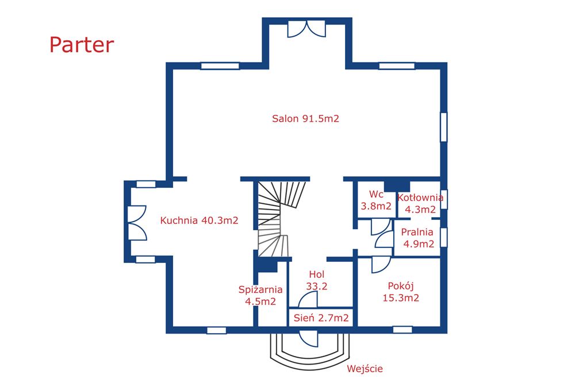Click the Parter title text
[x=82, y=45]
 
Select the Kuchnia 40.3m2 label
[x=199, y=220]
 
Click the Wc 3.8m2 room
[x=376, y=200]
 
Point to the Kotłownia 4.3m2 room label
[x=420, y=203]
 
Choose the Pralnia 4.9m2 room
[x=417, y=238]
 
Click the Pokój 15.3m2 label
[x=401, y=292]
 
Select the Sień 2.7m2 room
[x=321, y=317]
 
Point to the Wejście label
[x=365, y=369]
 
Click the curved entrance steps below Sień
[x=310, y=350]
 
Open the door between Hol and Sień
[x=308, y=300]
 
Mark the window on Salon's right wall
[x=443, y=126]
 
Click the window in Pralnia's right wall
[x=443, y=238]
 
